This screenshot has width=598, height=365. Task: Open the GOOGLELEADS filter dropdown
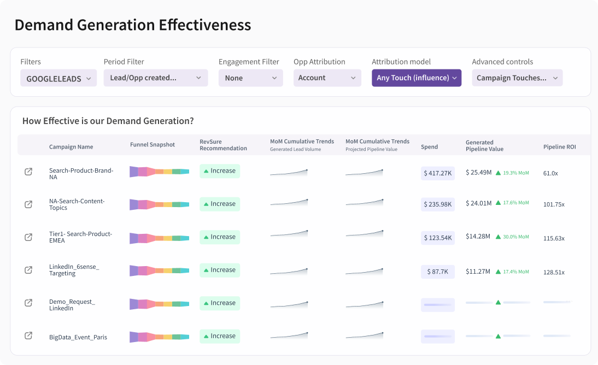pos(58,78)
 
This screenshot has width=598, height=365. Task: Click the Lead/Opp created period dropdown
pos(156,78)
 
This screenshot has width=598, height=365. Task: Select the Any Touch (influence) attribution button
pos(417,78)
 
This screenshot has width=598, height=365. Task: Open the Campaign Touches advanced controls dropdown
pos(517,78)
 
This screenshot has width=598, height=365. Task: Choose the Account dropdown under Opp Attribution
pos(327,78)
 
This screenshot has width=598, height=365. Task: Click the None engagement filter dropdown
pos(250,78)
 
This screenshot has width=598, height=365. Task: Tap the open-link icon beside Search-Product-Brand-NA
pos(28,172)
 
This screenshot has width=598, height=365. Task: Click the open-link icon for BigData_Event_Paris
pos(28,336)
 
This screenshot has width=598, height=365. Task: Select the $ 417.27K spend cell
pos(438,173)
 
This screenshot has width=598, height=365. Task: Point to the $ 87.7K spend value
pos(438,272)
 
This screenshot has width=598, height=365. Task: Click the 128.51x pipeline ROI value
pos(554,272)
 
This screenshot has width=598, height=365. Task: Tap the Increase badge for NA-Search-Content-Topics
pos(220,204)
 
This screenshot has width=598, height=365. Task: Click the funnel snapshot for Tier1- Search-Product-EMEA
pos(159,238)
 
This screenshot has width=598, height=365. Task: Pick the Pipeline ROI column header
pos(559,147)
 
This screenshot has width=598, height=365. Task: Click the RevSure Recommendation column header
pos(223,145)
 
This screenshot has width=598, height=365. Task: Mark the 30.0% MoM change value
pos(516,237)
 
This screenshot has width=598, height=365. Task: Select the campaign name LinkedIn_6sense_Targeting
pos(74,270)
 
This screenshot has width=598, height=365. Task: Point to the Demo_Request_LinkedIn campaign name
pos(72,305)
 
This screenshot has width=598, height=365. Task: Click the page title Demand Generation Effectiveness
pos(133,25)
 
